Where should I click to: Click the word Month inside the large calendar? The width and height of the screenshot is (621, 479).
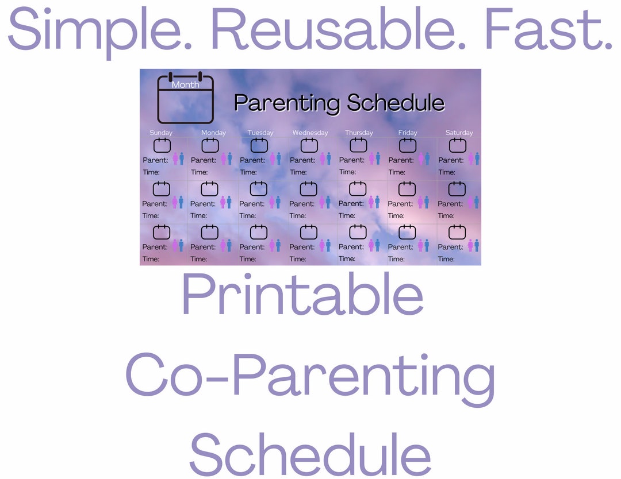[186, 84]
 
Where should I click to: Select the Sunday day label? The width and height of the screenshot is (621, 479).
[161, 133]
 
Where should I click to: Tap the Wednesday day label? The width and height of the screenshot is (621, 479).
[310, 133]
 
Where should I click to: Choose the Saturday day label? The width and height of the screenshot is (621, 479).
[459, 133]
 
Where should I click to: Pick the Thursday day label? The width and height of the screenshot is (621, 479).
[359, 133]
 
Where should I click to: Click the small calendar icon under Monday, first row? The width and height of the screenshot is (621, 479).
[210, 145]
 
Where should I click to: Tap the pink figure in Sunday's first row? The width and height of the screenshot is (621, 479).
[175, 159]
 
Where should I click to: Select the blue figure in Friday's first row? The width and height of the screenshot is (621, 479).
[427, 159]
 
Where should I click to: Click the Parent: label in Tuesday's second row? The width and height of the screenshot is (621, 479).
[252, 204]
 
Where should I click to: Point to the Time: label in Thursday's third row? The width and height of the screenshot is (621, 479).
[347, 258]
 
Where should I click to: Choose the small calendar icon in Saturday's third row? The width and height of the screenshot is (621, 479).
[457, 232]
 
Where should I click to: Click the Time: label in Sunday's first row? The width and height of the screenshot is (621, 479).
[151, 172]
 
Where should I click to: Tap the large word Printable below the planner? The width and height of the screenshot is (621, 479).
[303, 295]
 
